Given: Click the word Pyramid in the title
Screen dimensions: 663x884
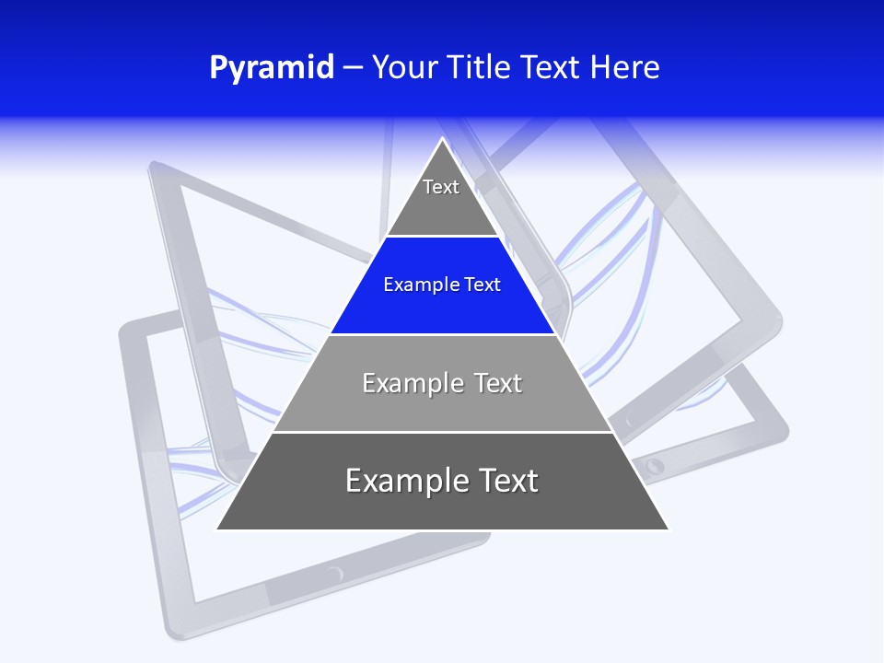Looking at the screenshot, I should point(271,68).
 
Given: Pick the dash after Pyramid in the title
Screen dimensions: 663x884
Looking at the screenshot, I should point(353,68).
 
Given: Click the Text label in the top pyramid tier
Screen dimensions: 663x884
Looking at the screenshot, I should point(441,187).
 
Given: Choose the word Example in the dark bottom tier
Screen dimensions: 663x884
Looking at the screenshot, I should point(401,481).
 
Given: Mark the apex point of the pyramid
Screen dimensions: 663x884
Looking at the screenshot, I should point(442,139).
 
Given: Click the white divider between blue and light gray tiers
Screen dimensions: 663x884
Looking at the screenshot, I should point(442,334).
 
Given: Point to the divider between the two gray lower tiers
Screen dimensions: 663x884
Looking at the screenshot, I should point(442,432).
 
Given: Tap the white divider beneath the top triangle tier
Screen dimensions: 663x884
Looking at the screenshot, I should point(442,237).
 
